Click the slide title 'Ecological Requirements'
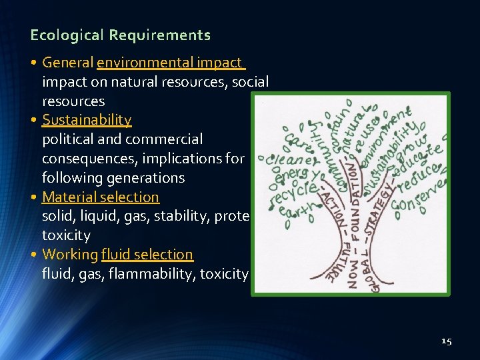coord(120,35)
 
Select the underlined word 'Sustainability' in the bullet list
coord(87,120)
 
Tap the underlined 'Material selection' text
coord(101,197)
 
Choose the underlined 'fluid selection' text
coord(147,255)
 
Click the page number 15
coord(446,341)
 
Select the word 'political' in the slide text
coord(67,139)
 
